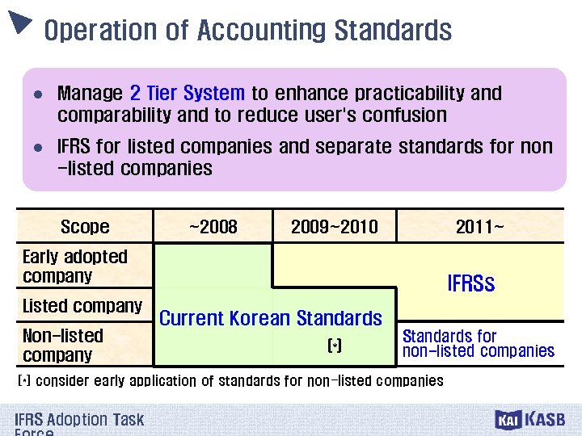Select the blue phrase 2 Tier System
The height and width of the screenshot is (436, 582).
[x=187, y=94]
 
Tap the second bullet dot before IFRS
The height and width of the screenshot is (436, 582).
[x=37, y=149]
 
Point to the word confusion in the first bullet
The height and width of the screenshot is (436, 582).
[x=399, y=115]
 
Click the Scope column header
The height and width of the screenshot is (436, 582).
[x=85, y=227]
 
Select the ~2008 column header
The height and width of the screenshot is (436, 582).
[x=213, y=227]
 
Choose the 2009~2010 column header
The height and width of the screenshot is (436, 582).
[x=334, y=227]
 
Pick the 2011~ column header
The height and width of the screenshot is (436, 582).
[x=479, y=227]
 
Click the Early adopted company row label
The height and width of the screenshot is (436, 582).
[x=74, y=266]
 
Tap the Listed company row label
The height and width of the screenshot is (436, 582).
[x=82, y=307]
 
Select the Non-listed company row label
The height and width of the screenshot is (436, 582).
[x=63, y=346]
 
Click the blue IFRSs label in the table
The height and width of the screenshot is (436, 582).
[x=470, y=284]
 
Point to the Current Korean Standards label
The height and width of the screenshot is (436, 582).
[x=270, y=318]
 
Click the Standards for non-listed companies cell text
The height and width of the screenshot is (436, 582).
[x=478, y=343]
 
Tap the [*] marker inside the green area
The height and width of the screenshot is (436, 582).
[x=335, y=346]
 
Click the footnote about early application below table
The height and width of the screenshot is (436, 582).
[x=230, y=380]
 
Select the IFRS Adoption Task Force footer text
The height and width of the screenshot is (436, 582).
[x=78, y=422]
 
